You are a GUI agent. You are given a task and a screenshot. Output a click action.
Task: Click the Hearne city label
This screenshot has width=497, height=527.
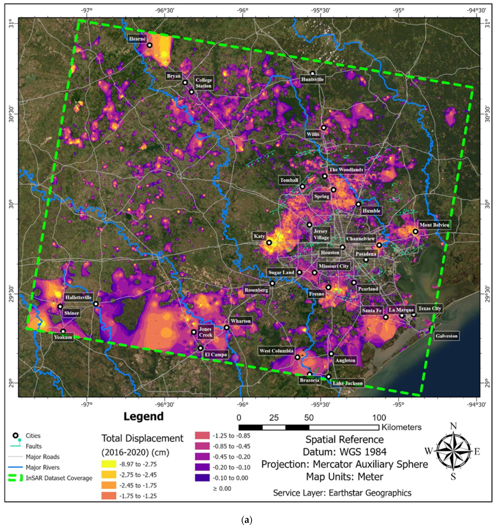(137, 39)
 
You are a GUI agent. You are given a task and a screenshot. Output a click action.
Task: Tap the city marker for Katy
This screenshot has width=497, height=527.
(269, 242)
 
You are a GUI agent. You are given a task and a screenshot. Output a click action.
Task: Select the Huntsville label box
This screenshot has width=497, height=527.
(312, 79)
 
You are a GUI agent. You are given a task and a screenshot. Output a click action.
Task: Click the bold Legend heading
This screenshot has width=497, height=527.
(143, 417)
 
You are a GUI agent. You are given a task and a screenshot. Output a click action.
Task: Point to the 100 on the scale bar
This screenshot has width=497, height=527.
(379, 418)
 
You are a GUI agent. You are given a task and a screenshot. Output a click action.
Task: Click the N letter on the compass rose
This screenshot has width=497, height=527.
(453, 426)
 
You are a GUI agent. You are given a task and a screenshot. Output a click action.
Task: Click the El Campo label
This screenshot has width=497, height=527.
(215, 355)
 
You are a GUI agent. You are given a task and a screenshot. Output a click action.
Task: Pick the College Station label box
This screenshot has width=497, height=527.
(203, 83)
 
